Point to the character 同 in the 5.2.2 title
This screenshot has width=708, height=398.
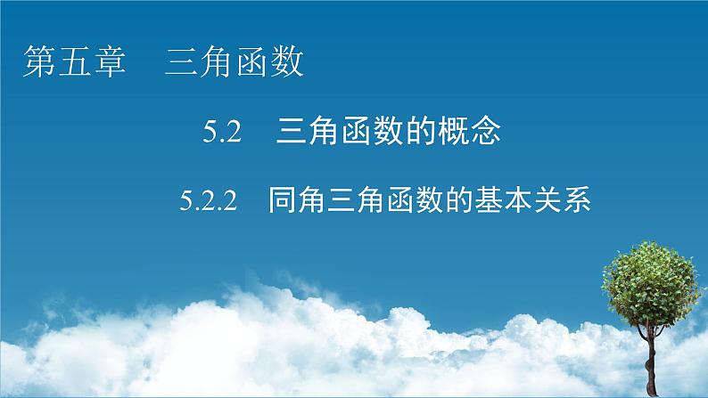(285, 202)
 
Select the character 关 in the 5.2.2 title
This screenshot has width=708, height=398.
(555, 202)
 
